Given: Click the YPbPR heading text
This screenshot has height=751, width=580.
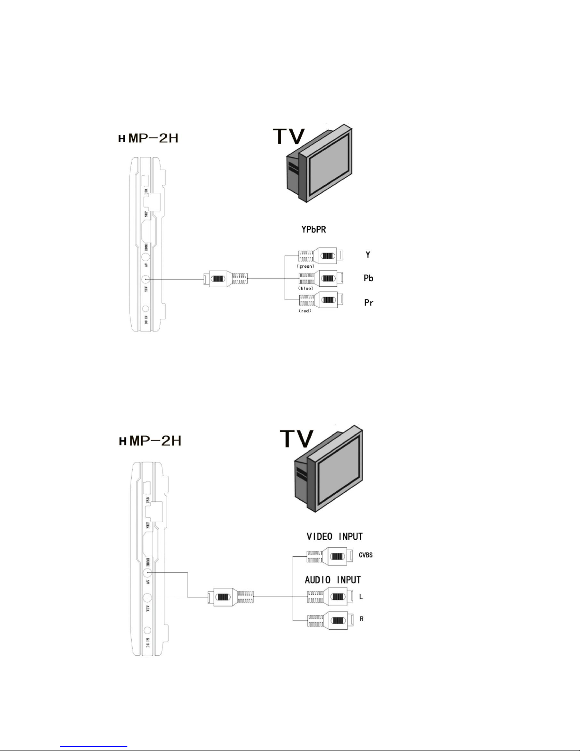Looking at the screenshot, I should (x=314, y=229).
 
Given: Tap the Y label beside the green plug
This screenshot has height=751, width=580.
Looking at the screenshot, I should (x=368, y=255).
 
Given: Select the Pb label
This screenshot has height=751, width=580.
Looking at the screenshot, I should (x=368, y=278).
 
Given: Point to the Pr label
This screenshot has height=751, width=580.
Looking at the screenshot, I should (x=369, y=302).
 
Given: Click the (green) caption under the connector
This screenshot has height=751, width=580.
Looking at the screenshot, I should (x=306, y=266).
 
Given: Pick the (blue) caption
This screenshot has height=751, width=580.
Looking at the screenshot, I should (x=305, y=288).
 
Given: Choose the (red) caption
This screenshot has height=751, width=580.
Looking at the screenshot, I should (x=305, y=311).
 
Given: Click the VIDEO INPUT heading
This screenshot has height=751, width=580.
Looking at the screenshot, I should (x=334, y=537).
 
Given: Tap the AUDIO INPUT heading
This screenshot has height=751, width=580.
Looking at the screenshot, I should (x=333, y=580).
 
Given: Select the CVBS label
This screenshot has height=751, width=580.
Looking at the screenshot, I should (x=366, y=555).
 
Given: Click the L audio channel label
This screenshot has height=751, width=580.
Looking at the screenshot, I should (x=361, y=597).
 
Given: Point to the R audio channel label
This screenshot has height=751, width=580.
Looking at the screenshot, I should (x=361, y=619).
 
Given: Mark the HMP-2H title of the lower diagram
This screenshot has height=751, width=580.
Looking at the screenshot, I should (x=150, y=441).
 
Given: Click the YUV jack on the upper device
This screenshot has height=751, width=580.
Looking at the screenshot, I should (x=146, y=280).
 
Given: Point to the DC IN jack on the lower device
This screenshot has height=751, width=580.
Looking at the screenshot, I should (x=147, y=631).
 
